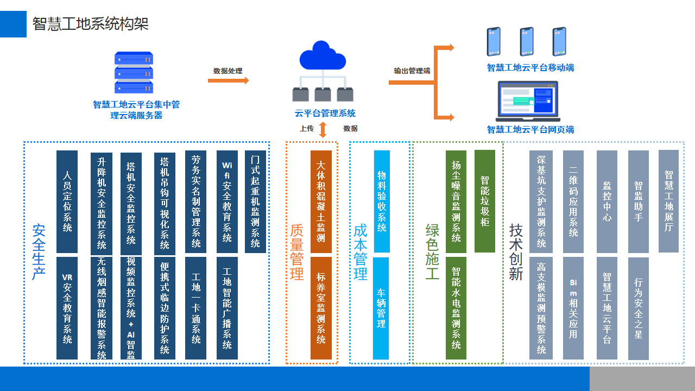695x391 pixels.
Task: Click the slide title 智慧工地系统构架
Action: [x=90, y=24]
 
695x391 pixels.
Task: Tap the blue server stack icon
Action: [x=134, y=73]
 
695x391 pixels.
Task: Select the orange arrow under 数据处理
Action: [x=228, y=80]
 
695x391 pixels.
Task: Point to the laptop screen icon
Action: [x=528, y=101]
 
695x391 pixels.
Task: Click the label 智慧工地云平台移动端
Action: [x=530, y=68]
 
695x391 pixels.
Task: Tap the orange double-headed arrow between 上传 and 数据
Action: [x=323, y=129]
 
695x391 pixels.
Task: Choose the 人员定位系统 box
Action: [x=67, y=201]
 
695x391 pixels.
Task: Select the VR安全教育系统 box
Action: [x=67, y=308]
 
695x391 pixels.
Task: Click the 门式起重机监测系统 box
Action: [x=255, y=201]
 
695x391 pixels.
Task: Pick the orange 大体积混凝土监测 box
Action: [x=321, y=201]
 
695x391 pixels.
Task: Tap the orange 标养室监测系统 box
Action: [x=321, y=308]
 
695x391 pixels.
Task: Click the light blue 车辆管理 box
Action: [x=381, y=308]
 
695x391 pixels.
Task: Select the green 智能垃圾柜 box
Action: [x=485, y=201]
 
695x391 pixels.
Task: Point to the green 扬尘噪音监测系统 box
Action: [x=456, y=201]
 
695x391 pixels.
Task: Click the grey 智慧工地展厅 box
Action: [x=668, y=201]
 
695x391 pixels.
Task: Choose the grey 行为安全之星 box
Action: [x=638, y=308]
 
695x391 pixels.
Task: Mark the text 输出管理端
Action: [x=412, y=71]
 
